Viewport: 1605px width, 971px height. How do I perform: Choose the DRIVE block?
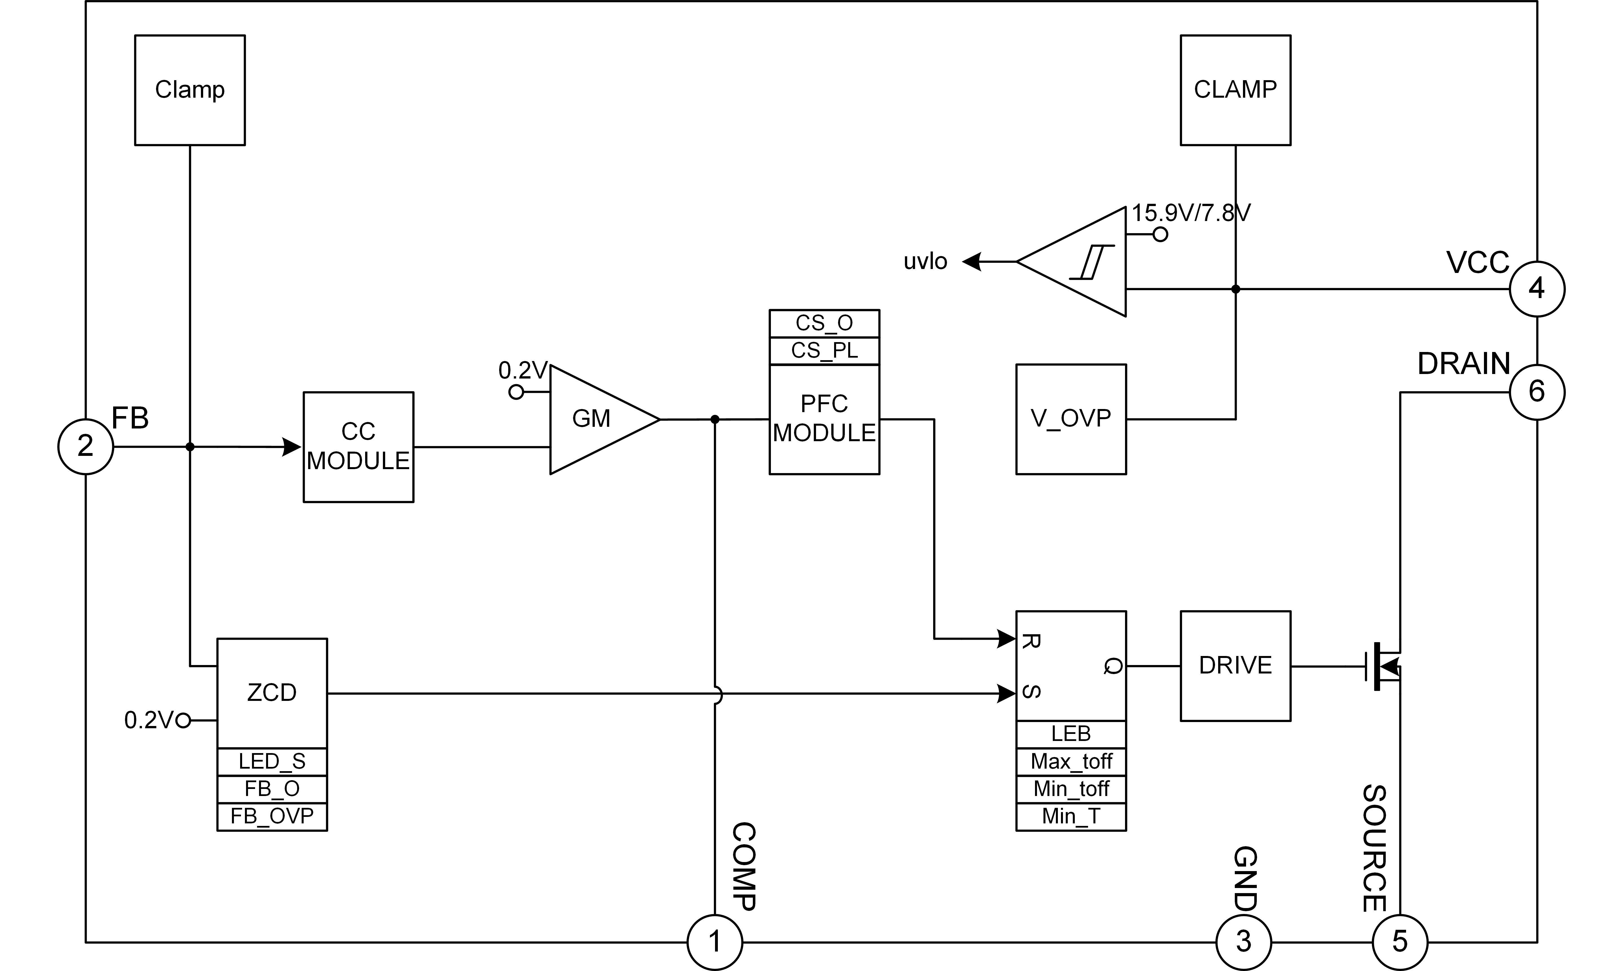(1235, 665)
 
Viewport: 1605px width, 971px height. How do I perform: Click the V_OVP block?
(1071, 419)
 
